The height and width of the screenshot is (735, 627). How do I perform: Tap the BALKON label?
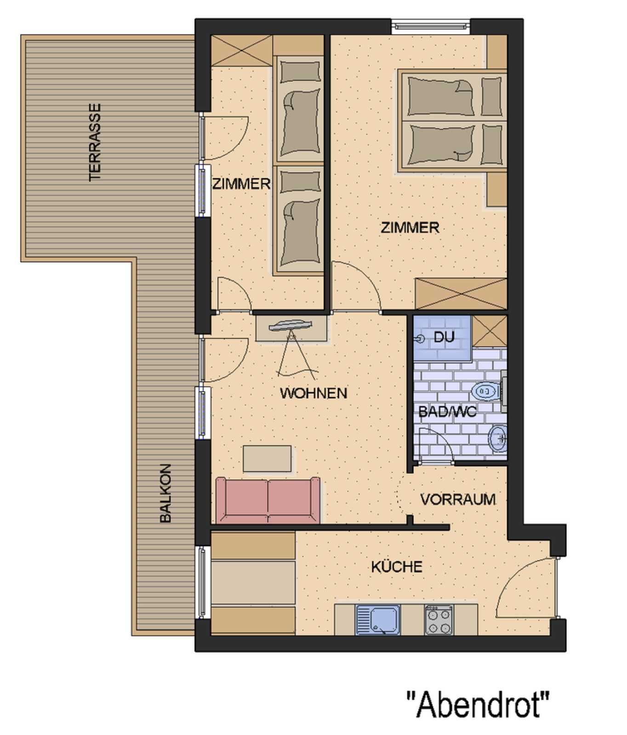pos(165,493)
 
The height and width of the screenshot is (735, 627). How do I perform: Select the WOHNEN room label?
pos(313,393)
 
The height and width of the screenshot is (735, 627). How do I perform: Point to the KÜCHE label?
pos(397,567)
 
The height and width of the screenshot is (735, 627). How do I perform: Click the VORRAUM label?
pos(458,499)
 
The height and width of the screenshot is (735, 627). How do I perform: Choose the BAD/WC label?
pos(447,412)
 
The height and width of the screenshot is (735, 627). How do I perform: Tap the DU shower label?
pos(444,337)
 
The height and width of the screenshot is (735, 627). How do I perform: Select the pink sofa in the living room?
pos(268,500)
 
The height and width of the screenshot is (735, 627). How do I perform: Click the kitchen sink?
pos(378,620)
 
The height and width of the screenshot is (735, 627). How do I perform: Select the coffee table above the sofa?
pos(267,458)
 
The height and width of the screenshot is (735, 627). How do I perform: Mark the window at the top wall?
pos(431,26)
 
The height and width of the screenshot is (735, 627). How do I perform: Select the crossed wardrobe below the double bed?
pos(461,294)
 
